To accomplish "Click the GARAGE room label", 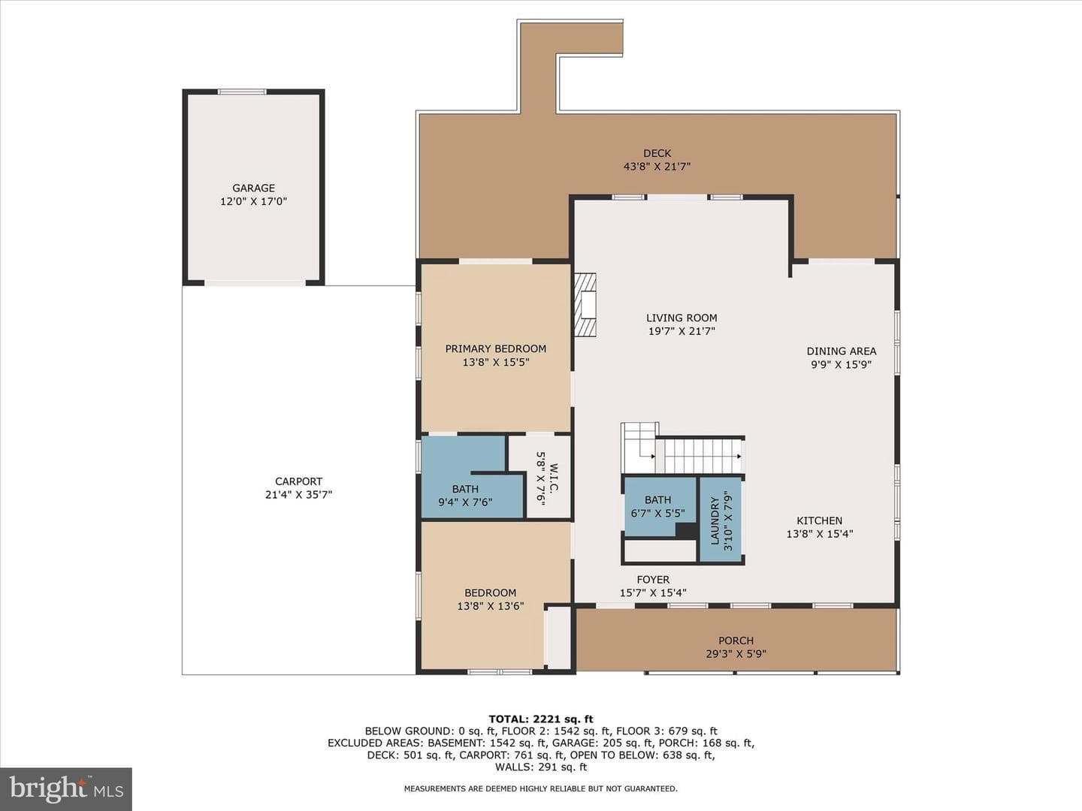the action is (x=253, y=188).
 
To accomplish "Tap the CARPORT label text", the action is (x=299, y=481).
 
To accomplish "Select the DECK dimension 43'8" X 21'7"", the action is (x=657, y=167).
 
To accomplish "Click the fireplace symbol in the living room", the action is (x=585, y=306).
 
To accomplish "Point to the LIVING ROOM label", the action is (x=682, y=318).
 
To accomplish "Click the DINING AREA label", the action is (x=842, y=351).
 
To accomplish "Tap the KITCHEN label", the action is (x=819, y=520).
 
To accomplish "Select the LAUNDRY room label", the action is (x=715, y=520).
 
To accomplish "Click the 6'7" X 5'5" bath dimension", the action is (x=657, y=513).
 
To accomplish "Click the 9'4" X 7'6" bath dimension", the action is (x=465, y=502).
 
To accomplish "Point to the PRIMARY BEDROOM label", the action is (x=495, y=349).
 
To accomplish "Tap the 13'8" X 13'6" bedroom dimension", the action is (x=491, y=606).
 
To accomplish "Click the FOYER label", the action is (x=653, y=580).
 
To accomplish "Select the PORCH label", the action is (x=736, y=641).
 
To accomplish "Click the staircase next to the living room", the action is (x=683, y=449).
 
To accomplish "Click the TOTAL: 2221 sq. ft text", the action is (x=541, y=719).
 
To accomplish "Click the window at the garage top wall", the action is (x=242, y=92).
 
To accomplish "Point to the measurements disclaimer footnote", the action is (x=541, y=788).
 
